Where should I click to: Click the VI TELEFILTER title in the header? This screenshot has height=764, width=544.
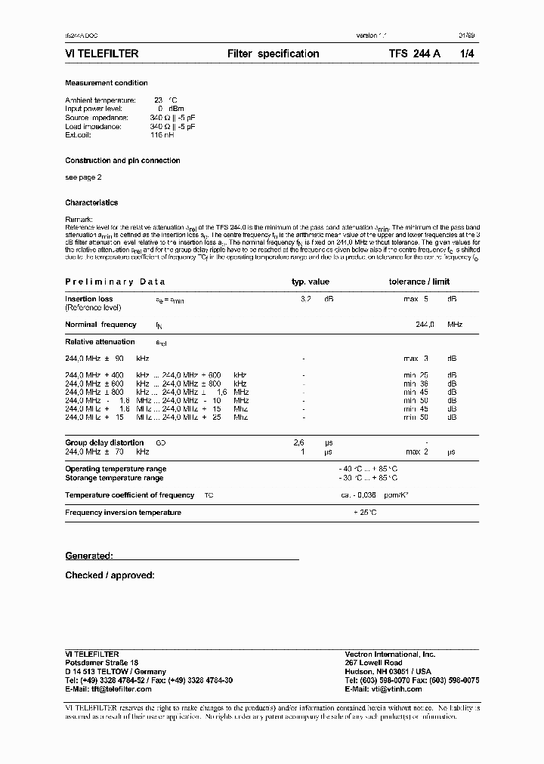point(102,54)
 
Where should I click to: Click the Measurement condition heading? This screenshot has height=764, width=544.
point(107,83)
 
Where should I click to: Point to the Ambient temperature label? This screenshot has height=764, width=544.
point(100,100)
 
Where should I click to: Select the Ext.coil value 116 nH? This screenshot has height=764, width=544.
point(162,136)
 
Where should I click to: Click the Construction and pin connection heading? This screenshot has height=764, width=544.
point(122,161)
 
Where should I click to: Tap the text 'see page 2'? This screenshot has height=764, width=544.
point(83,177)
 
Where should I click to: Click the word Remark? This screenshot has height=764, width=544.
point(79,220)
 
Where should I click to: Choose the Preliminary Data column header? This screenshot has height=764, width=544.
point(115,282)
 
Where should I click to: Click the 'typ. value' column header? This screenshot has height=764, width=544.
point(311,282)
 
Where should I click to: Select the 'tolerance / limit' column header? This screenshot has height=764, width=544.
point(419,282)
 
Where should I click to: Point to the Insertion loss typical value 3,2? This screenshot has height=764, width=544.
point(306,299)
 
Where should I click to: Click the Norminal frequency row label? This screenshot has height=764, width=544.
point(100,325)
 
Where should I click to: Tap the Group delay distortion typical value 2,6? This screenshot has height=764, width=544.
point(298,443)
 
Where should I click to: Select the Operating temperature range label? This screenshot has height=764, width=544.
point(116,469)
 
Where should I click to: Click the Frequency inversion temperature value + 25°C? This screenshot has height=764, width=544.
point(365,513)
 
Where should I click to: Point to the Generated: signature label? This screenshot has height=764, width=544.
point(89,556)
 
